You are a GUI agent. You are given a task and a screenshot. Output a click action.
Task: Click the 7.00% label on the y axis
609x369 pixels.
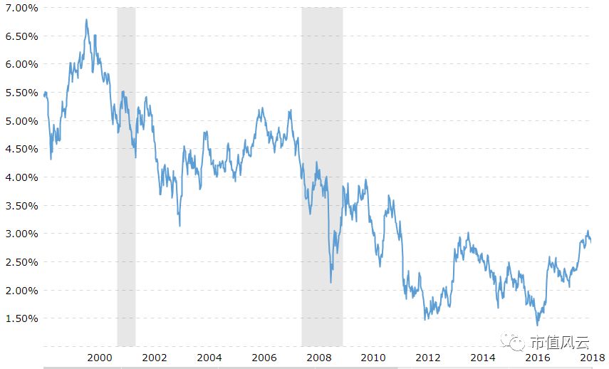point(22,8)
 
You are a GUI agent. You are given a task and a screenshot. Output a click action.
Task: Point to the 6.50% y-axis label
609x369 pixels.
point(22,36)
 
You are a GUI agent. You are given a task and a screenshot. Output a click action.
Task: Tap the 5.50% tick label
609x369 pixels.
point(22,93)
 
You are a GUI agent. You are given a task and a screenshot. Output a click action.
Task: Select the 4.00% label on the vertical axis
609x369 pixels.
point(22,177)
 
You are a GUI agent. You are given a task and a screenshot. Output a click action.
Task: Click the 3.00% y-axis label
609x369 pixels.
point(22,234)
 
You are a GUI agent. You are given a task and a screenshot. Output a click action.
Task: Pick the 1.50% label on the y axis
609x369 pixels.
point(22,318)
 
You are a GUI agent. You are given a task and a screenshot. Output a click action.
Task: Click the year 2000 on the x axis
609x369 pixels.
point(100,358)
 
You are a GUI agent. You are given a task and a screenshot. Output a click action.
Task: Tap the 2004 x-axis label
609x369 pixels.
point(209,358)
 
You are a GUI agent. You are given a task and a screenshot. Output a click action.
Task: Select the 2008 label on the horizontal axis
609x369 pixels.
point(318,358)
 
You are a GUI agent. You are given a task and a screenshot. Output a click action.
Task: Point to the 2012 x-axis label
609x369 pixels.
point(428,358)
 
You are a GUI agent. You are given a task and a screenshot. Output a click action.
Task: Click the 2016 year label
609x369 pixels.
point(538,358)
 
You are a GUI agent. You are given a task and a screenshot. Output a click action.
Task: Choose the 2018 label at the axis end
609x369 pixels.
point(593,358)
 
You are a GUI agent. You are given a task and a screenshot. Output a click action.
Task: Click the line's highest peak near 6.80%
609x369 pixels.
point(86,20)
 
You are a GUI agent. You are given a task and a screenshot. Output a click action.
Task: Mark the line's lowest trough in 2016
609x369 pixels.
point(538,325)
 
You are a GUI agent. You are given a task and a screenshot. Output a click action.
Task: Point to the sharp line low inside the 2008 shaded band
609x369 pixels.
point(331,282)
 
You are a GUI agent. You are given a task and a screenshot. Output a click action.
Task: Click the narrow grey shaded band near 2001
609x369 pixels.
point(126,177)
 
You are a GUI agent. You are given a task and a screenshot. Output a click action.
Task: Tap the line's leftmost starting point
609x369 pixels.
point(44,95)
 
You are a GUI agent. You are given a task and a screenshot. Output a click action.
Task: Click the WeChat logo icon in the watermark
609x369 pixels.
point(512,341)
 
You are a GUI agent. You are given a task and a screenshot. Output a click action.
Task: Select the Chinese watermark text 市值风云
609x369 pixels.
point(560,342)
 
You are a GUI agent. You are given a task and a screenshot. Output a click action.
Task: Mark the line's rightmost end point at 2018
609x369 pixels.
point(590,241)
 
